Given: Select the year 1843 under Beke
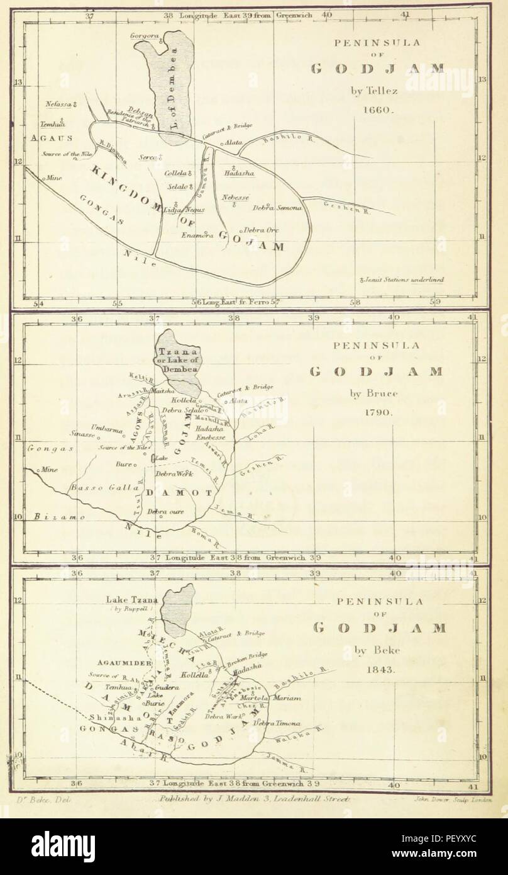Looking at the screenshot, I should click(380, 670).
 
